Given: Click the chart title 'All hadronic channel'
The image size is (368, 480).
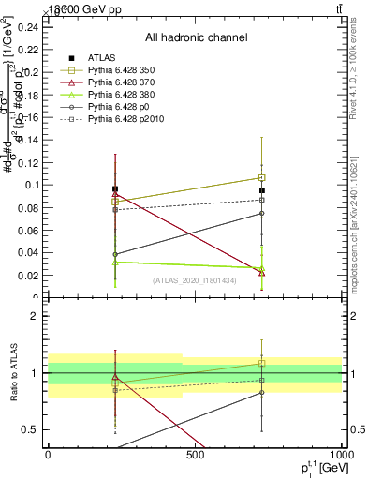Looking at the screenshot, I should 196,37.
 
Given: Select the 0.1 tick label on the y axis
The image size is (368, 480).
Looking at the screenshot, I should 32,185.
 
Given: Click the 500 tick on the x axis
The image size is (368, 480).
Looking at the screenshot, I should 195,456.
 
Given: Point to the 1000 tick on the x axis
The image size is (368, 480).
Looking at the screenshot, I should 339,456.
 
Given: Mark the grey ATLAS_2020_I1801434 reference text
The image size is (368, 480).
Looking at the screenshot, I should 195,280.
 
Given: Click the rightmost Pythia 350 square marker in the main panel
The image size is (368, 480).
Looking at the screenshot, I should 262,177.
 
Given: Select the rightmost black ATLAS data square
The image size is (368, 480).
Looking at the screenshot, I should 262,190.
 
